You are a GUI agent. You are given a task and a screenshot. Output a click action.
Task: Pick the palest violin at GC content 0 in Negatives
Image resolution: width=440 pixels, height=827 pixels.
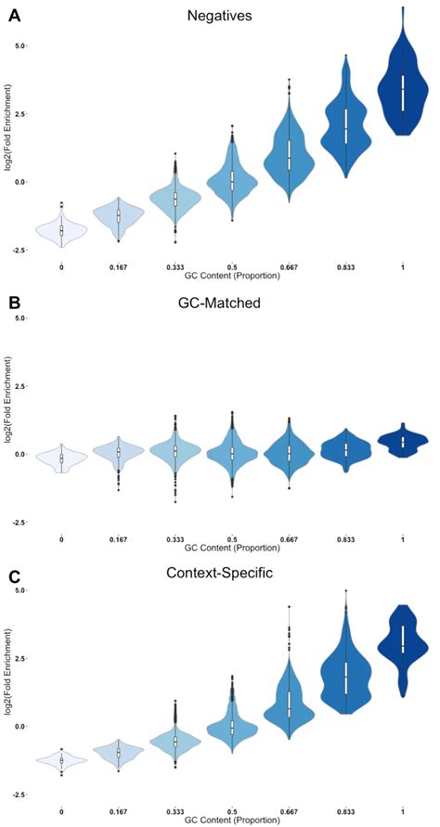[x=61, y=230]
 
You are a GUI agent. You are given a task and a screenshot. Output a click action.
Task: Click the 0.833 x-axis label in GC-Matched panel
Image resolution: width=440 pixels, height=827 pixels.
[x=346, y=538]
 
